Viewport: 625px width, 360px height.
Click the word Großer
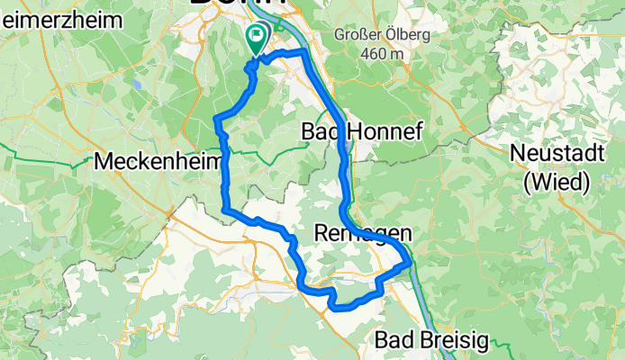click(358, 35)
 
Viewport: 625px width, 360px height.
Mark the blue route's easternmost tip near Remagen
click(411, 263)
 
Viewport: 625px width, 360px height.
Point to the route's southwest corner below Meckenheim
click(222, 210)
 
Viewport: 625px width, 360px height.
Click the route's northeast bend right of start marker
click(304, 54)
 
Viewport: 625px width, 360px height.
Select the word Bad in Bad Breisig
click(394, 341)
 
